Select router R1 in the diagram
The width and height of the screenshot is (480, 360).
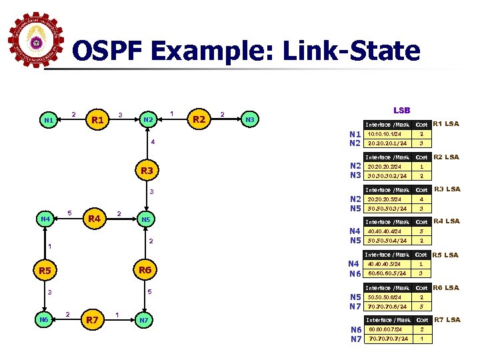coord(99,120)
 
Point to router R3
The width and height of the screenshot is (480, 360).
coord(147,171)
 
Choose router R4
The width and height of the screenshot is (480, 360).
coord(93,218)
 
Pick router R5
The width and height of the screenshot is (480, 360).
coord(45,270)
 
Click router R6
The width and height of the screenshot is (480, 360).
coord(145,270)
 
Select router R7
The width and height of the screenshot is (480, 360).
coord(93,321)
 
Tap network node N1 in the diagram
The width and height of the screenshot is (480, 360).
coord(48,121)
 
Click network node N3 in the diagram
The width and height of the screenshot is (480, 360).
coord(249,120)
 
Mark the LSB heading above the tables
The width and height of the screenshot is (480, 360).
coord(402,110)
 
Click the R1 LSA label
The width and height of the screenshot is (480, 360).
coord(447,123)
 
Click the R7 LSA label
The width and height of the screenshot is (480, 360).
coord(447,320)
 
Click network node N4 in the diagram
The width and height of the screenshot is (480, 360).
coord(45,219)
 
